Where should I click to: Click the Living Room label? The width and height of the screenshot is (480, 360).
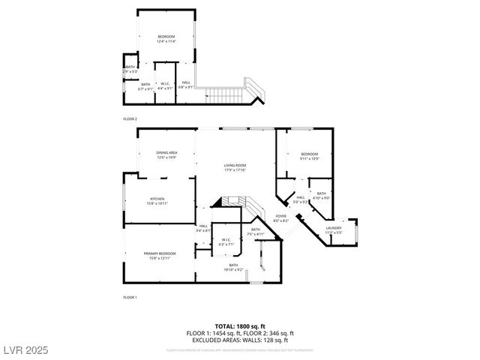pyautogui.click(x=235, y=167)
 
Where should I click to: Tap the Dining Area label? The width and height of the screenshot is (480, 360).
pyautogui.click(x=166, y=154)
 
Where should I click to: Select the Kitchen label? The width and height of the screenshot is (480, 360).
pyautogui.click(x=157, y=201)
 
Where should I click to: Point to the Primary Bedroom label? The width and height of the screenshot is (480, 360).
pyautogui.click(x=160, y=256)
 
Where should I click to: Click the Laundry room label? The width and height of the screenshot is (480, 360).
pyautogui.click(x=334, y=230)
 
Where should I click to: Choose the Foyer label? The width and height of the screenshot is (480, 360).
pyautogui.click(x=280, y=218)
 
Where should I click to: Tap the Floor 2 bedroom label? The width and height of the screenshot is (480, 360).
pyautogui.click(x=166, y=40)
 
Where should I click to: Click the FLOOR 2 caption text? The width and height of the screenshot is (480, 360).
pyautogui.click(x=130, y=119)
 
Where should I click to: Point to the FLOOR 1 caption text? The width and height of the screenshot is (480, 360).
pyautogui.click(x=130, y=298)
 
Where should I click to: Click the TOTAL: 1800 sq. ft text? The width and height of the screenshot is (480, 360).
pyautogui.click(x=240, y=327)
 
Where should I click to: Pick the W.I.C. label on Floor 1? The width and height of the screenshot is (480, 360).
pyautogui.click(x=225, y=242)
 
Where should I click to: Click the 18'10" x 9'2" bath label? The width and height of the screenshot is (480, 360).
pyautogui.click(x=233, y=267)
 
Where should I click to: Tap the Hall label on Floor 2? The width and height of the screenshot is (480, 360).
pyautogui.click(x=186, y=85)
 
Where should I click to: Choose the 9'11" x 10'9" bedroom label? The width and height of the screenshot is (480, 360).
pyautogui.click(x=310, y=156)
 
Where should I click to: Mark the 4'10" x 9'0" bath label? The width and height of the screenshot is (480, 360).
pyautogui.click(x=321, y=196)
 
